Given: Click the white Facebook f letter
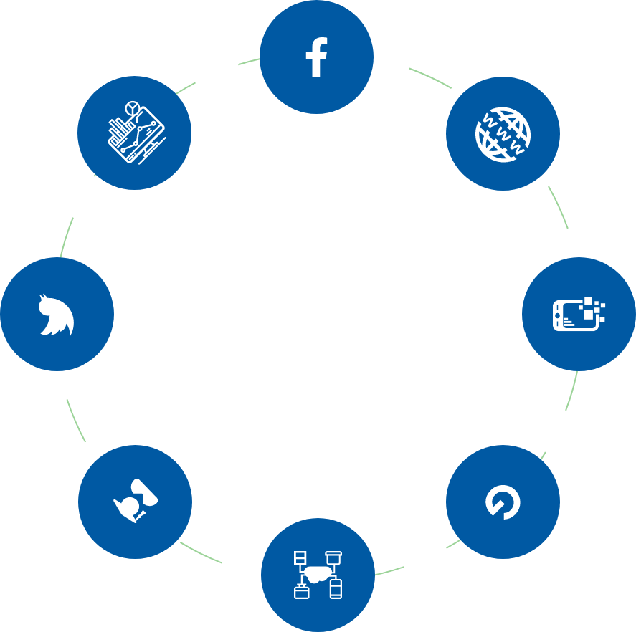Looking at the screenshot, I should point(316,57).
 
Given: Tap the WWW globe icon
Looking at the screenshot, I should point(503,134).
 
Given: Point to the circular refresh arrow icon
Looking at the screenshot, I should point(503,502).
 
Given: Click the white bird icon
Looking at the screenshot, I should point(56,316).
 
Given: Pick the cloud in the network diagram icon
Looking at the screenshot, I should point(318,573).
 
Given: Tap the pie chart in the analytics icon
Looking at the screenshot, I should point(131,109).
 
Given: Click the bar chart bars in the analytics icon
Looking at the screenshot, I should point(116,130).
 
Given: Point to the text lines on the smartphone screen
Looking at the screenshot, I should point(568,322).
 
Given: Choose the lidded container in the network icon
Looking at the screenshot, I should point(333,556).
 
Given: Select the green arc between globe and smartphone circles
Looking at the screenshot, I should point(559,206).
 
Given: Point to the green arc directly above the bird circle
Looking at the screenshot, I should point(66,237).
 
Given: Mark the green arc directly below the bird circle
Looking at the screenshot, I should point(75,421).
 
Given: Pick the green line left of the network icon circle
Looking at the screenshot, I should point(201,553).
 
